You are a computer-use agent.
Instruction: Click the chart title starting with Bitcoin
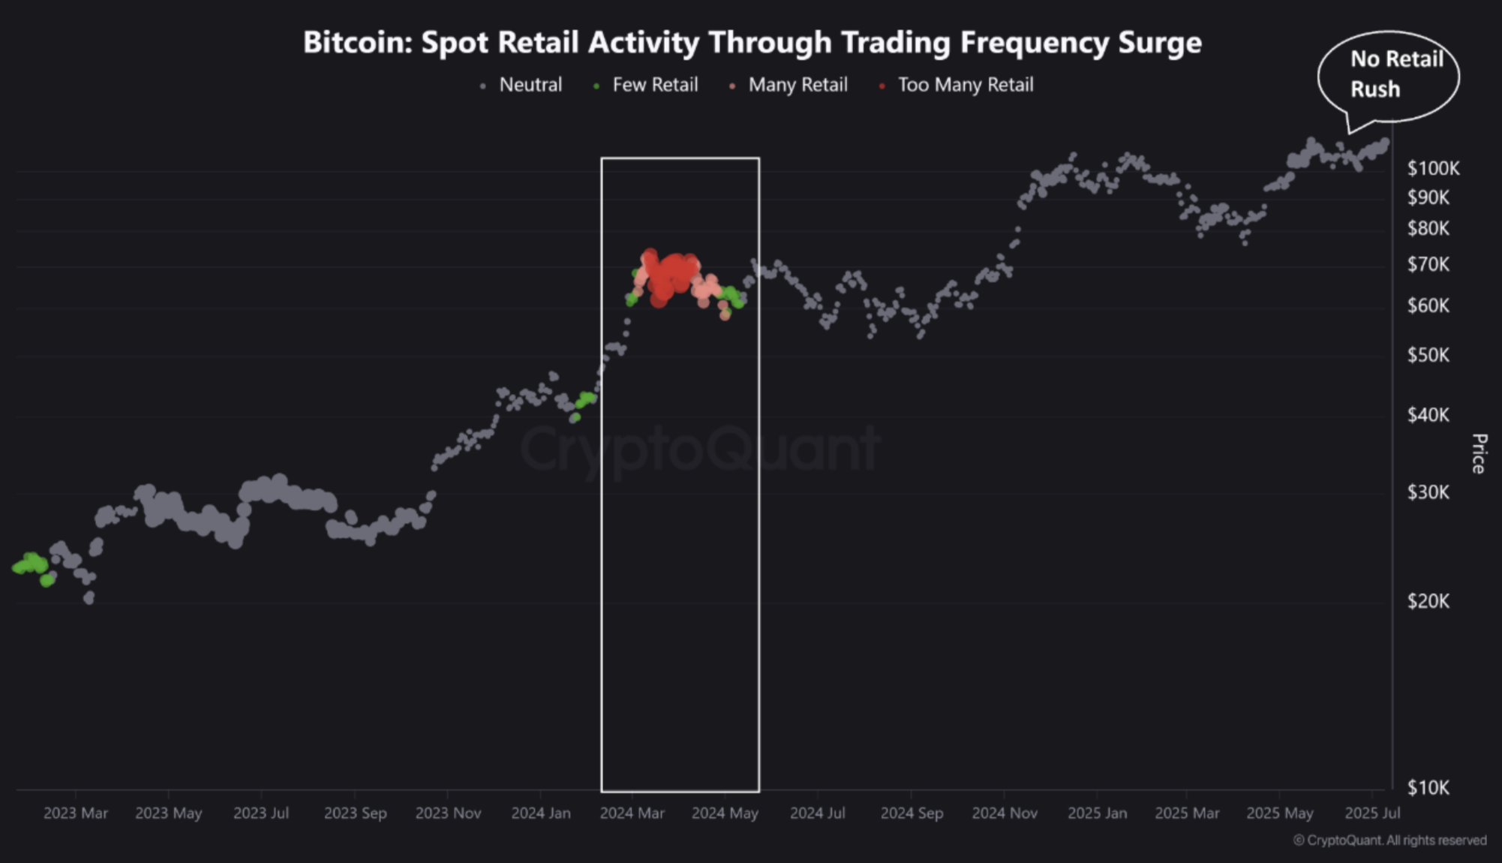coord(752,43)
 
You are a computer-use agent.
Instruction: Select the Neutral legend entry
coord(530,85)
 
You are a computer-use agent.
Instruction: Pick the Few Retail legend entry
coord(654,85)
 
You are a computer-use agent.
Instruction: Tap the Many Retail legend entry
coord(797,85)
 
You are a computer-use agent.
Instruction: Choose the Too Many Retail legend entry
coord(965,85)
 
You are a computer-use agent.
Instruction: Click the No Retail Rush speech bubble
coord(1389,75)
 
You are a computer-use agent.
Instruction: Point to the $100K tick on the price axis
coord(1433,168)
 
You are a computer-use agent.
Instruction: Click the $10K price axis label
coord(1428,787)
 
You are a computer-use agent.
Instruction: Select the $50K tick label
coord(1428,354)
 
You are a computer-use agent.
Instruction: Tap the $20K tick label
coord(1428,600)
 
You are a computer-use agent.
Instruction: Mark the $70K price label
coord(1428,264)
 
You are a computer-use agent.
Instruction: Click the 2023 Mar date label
coord(76,813)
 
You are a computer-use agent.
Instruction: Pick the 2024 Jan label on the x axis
coord(540,813)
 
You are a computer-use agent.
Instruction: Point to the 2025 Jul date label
coord(1372,813)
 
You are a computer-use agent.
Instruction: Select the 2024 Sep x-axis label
coord(912,813)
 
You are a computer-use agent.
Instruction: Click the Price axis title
coord(1479,453)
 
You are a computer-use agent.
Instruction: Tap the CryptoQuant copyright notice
coord(1389,840)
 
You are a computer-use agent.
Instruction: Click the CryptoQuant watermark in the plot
coord(699,449)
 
